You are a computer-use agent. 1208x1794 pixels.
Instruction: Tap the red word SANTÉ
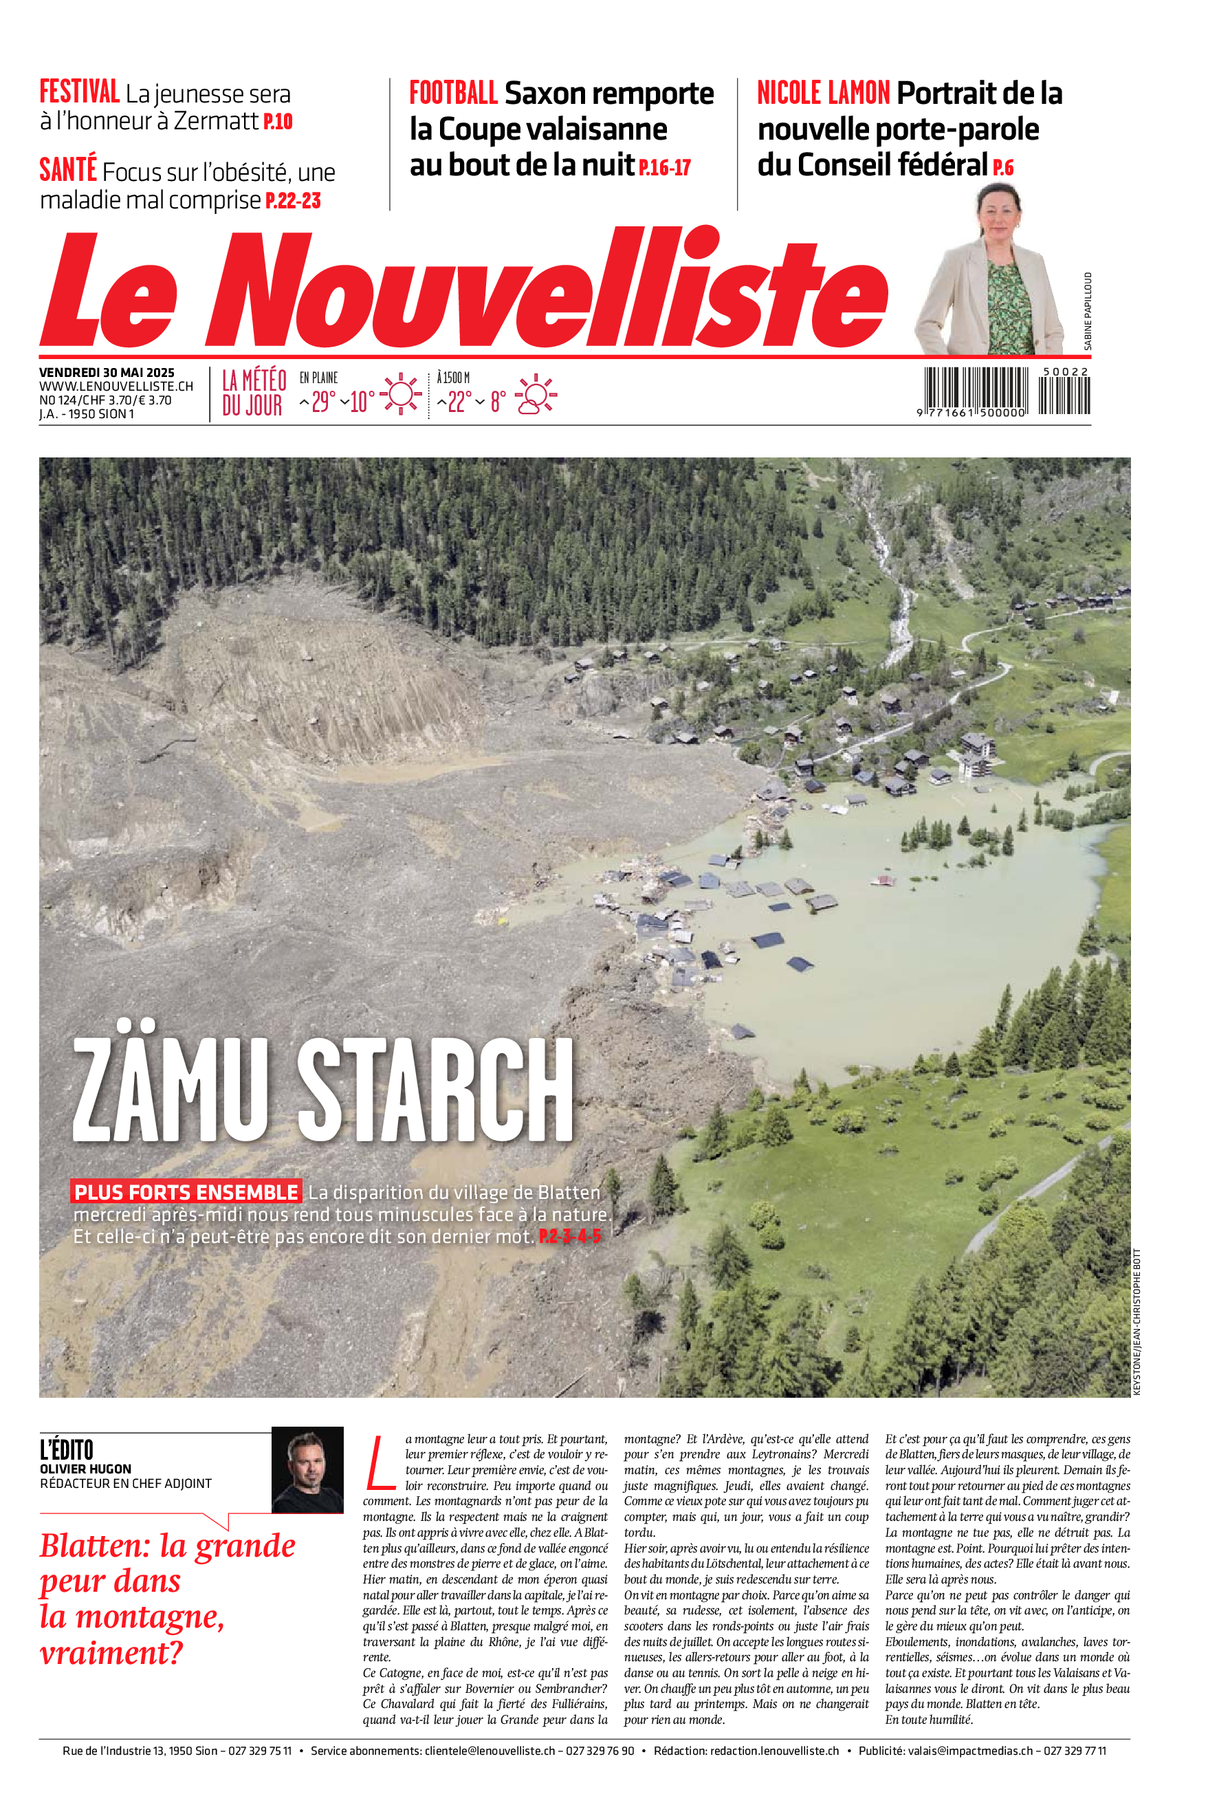pyautogui.click(x=68, y=169)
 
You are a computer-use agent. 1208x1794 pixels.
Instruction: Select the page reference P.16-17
pyautogui.click(x=665, y=167)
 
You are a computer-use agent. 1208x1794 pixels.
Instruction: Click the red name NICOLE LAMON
pyautogui.click(x=823, y=94)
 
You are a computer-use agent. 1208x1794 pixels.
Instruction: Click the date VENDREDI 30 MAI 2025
pyautogui.click(x=107, y=372)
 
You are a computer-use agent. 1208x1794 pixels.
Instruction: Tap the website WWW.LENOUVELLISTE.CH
pyautogui.click(x=116, y=386)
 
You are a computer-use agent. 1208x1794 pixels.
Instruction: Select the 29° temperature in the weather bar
pyautogui.click(x=323, y=401)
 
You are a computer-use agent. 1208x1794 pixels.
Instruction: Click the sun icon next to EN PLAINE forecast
pyautogui.click(x=401, y=395)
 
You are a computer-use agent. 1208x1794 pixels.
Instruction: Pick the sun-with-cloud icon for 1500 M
pyautogui.click(x=536, y=395)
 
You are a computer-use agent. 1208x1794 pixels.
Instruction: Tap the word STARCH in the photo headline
pyautogui.click(x=435, y=1090)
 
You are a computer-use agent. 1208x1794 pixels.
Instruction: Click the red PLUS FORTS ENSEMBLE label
pyautogui.click(x=186, y=1192)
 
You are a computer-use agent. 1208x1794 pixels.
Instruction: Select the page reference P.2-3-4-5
pyautogui.click(x=569, y=1237)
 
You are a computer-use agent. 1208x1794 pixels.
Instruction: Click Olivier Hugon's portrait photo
pyautogui.click(x=307, y=1469)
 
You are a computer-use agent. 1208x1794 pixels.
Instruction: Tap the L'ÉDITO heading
pyautogui.click(x=66, y=1449)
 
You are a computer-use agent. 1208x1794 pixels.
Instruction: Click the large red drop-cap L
pyautogui.click(x=380, y=1461)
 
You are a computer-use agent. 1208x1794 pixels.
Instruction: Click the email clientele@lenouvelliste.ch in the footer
pyautogui.click(x=490, y=1751)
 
